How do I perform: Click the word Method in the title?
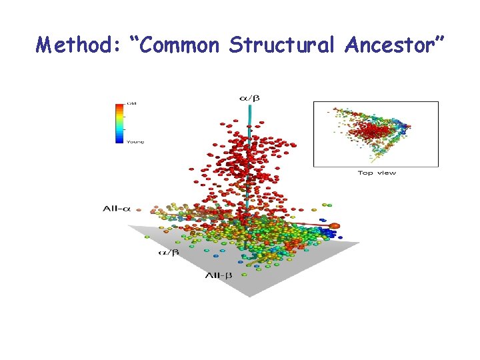coord(74,45)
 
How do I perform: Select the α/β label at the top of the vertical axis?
coord(249,98)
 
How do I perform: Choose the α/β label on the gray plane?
coord(168,253)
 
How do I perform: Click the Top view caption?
coord(377,173)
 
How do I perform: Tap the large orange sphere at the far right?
coord(335,227)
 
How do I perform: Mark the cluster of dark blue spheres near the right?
coord(326,233)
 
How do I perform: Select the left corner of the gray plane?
coord(129,225)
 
